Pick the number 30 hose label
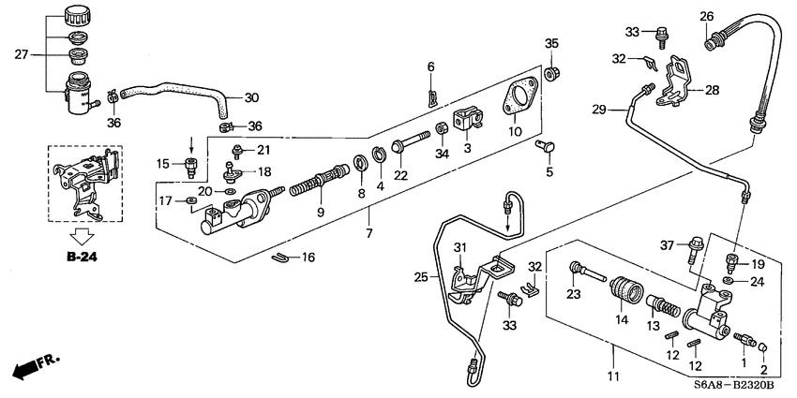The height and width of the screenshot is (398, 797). (250, 97)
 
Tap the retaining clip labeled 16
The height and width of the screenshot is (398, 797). (278, 256)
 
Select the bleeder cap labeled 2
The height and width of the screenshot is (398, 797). (762, 350)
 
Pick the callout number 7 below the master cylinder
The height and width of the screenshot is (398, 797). (369, 232)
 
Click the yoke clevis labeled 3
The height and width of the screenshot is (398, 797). (466, 123)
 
